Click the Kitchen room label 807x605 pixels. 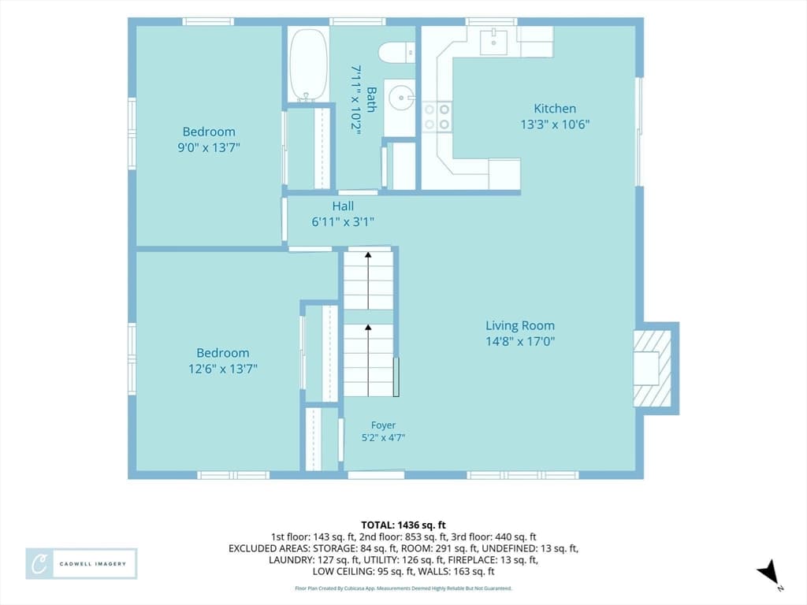pos(554,109)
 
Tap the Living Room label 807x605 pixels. pos(520,325)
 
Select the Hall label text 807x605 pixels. pos(343,206)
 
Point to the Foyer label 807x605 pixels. pos(384,425)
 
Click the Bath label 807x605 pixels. pos(371,99)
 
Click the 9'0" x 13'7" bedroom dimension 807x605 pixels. pos(209,147)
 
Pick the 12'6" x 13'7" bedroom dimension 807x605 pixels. pos(223,369)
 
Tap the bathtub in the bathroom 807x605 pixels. pos(308,65)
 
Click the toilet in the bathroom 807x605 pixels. pos(397,53)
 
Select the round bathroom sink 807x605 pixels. pos(401,97)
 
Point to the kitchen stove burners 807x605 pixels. pos(437,117)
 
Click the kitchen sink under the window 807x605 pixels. pos(493,41)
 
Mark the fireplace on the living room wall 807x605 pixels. pos(653,369)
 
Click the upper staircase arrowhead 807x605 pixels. pos(368,254)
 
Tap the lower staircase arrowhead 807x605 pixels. pos(368,327)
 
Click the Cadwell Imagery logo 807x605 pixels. pos(81,564)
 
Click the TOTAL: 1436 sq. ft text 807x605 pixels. pos(403,525)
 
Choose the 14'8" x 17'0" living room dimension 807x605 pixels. pos(520,342)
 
